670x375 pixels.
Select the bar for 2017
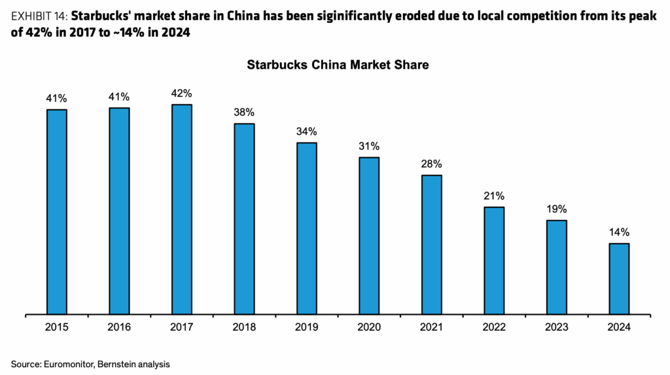(182, 209)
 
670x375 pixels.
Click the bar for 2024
(619, 279)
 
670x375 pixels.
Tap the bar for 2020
(369, 236)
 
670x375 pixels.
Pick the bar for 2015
(57, 212)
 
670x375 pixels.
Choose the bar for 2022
(494, 260)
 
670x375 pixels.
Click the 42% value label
(182, 93)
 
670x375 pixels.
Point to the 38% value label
(244, 112)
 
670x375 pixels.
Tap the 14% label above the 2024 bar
(619, 232)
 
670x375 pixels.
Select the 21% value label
(494, 196)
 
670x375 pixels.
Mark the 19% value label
(556, 209)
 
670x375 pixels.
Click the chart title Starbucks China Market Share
(337, 65)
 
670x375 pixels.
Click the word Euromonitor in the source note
(70, 363)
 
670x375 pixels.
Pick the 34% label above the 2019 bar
(307, 131)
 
